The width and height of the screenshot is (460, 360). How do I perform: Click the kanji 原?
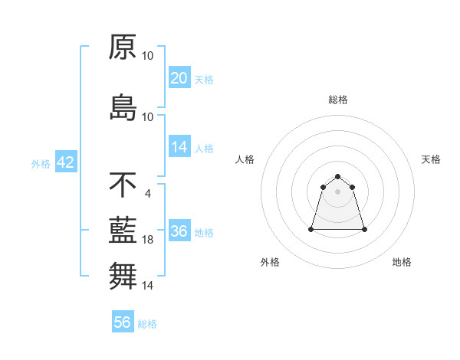click(x=123, y=47)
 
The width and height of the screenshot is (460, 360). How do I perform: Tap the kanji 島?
click(x=123, y=106)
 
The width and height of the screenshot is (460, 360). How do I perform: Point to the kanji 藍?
click(x=123, y=230)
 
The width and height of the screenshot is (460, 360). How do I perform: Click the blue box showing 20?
click(x=179, y=78)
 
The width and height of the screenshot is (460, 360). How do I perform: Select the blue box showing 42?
click(x=65, y=162)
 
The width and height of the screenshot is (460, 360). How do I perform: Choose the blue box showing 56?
click(x=123, y=322)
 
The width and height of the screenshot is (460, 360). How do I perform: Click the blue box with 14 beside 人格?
click(x=179, y=148)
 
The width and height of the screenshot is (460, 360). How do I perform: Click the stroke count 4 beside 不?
click(x=147, y=193)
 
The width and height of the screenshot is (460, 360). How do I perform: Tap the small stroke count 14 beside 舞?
click(x=148, y=286)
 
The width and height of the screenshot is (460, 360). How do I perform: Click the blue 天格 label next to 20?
click(x=204, y=80)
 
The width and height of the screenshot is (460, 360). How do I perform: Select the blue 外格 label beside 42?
click(x=41, y=163)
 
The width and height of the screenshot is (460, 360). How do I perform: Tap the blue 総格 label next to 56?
click(x=147, y=324)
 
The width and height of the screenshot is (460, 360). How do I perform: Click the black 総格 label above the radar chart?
click(x=338, y=100)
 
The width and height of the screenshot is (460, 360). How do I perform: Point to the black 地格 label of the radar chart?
click(x=402, y=262)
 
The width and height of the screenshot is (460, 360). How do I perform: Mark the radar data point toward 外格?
click(x=312, y=229)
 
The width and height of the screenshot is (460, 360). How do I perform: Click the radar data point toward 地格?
click(x=364, y=229)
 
